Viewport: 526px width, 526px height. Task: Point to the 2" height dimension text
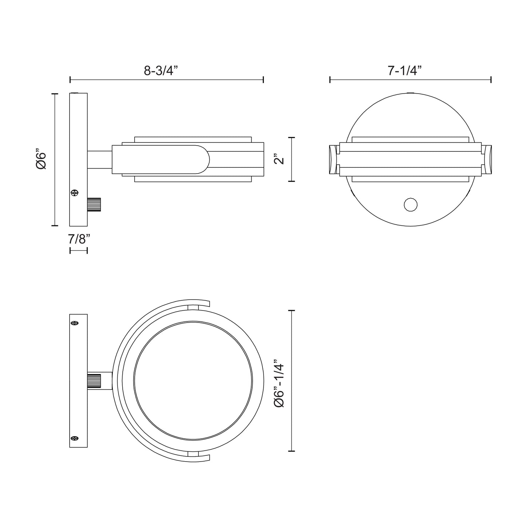pos(280,159)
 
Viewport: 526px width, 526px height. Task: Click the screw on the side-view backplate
pos(75,193)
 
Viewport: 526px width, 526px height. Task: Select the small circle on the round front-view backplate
pos(411,205)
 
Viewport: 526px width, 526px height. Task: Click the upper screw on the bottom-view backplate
pos(75,323)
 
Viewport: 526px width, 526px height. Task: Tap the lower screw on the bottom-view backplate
pos(75,438)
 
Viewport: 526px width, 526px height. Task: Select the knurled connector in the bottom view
pos(95,381)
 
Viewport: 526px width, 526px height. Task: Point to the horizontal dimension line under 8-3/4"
pos(166,80)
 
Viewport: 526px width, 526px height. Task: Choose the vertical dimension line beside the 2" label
pos(291,159)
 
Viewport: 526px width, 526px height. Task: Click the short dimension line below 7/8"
pos(79,250)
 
